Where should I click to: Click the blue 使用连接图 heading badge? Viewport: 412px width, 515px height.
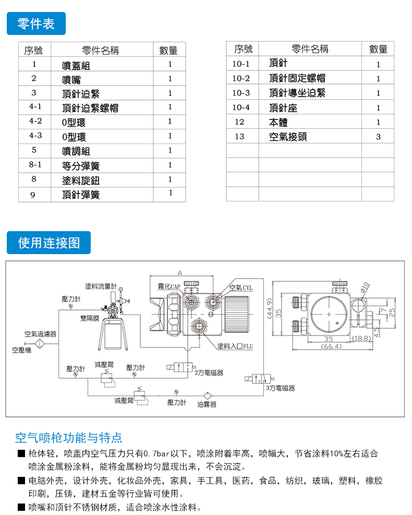point(49,243)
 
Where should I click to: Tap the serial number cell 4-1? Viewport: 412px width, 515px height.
point(34,107)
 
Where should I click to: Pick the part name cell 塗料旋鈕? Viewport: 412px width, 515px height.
point(80,181)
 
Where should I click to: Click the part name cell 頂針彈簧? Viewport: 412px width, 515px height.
point(80,195)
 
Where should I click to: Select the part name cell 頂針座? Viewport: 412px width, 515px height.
point(283,107)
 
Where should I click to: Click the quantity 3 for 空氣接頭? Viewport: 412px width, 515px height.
point(378,137)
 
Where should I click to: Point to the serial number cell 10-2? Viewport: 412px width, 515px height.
point(241,78)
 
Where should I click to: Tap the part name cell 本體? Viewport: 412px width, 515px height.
point(278,122)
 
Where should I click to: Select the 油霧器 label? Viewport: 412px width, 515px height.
point(207,404)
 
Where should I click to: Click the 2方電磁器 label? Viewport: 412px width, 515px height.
point(209,373)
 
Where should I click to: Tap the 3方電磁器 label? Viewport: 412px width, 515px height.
point(280,388)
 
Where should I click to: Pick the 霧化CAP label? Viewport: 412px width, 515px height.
point(169,287)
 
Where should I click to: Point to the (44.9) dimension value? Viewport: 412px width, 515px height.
point(270,312)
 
